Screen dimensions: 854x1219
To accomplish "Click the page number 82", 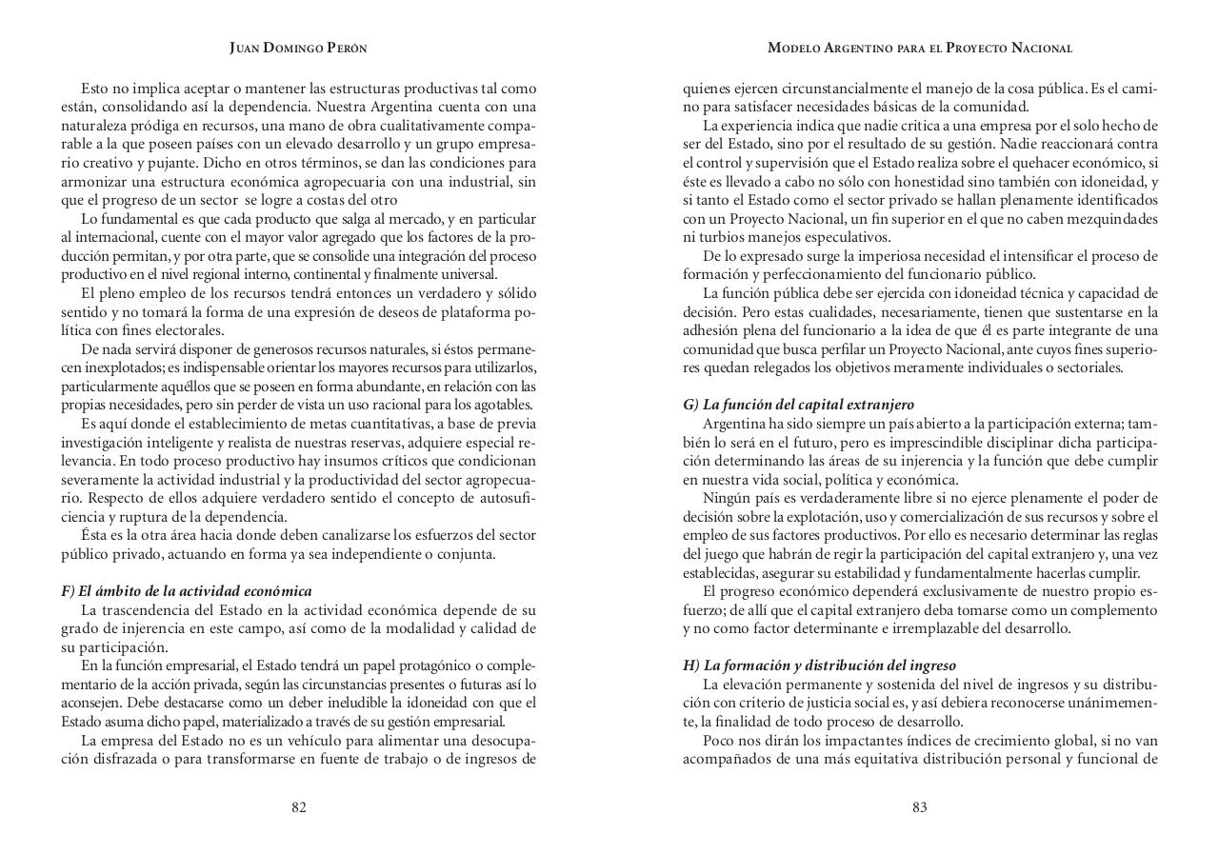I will (298, 807).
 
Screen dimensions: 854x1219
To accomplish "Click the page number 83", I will (919, 807).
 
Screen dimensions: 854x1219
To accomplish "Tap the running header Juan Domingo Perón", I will (298, 48).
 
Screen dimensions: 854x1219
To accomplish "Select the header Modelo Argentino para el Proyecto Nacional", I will (919, 48).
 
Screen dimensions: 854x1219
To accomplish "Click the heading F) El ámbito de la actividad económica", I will (187, 591).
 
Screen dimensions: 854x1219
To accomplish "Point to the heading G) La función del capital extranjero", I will (798, 405).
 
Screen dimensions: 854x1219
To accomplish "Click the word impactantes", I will (853, 740).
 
